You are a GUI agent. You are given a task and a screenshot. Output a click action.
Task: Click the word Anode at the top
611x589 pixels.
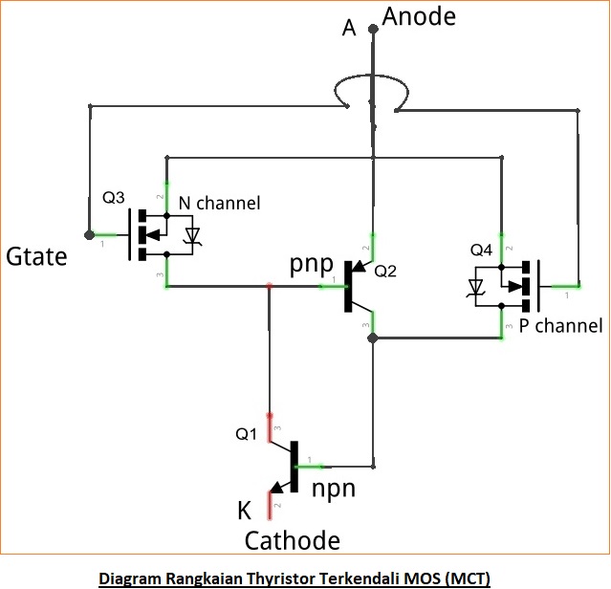419,16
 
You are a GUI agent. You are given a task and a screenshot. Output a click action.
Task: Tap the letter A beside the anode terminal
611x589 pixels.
349,29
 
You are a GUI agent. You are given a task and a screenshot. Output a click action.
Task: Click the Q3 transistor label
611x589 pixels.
113,198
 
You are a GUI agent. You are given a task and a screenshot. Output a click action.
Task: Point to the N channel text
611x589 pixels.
219,203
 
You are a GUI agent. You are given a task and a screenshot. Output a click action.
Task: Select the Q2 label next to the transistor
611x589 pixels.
386,271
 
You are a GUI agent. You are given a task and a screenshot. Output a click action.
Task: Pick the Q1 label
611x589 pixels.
247,434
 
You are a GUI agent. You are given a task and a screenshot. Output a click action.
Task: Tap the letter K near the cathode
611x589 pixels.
244,511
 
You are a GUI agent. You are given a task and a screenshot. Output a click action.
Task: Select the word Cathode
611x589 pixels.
292,541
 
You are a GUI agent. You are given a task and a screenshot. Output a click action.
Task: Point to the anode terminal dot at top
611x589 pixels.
374,30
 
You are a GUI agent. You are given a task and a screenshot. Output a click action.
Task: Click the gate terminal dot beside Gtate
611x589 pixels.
89,234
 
